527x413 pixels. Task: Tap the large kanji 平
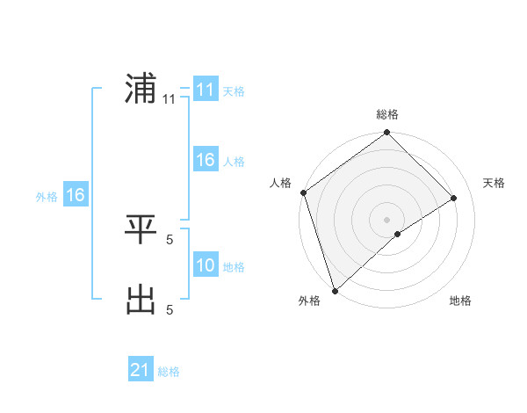click(141, 229)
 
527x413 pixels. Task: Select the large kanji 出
click(141, 300)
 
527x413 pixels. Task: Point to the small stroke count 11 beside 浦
click(169, 99)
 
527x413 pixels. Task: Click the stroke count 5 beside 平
click(169, 239)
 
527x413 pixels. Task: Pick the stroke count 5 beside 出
click(169, 309)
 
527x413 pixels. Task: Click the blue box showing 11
click(205, 90)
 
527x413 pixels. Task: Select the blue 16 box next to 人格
click(205, 160)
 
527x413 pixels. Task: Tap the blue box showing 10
click(205, 265)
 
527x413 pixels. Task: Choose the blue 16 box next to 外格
click(75, 195)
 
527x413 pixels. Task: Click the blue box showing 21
click(141, 370)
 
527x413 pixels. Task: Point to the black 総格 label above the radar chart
click(387, 114)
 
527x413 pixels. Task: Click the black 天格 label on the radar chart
click(494, 183)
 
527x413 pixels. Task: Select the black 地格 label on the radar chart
click(460, 301)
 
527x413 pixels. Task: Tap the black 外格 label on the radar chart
click(309, 301)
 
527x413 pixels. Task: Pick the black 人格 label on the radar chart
click(280, 183)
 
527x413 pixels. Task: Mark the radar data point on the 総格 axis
click(387, 133)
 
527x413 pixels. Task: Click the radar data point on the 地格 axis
click(398, 234)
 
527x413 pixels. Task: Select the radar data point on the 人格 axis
click(304, 192)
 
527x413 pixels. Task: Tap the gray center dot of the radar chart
click(387, 219)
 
